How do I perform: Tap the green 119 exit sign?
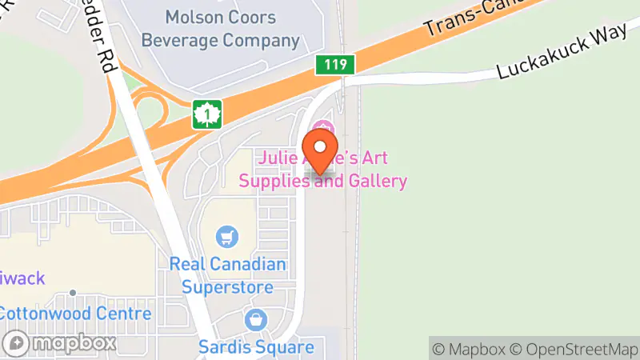(x=334, y=65)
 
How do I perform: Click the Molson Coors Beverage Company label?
(x=221, y=28)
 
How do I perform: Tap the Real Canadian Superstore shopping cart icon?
(x=228, y=237)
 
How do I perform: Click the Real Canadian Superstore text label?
(x=228, y=274)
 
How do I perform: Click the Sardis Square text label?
(x=256, y=347)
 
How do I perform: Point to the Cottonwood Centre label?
(x=76, y=313)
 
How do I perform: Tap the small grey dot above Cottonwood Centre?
(x=73, y=293)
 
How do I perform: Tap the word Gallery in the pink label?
(x=377, y=181)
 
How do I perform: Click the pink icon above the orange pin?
(x=323, y=127)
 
